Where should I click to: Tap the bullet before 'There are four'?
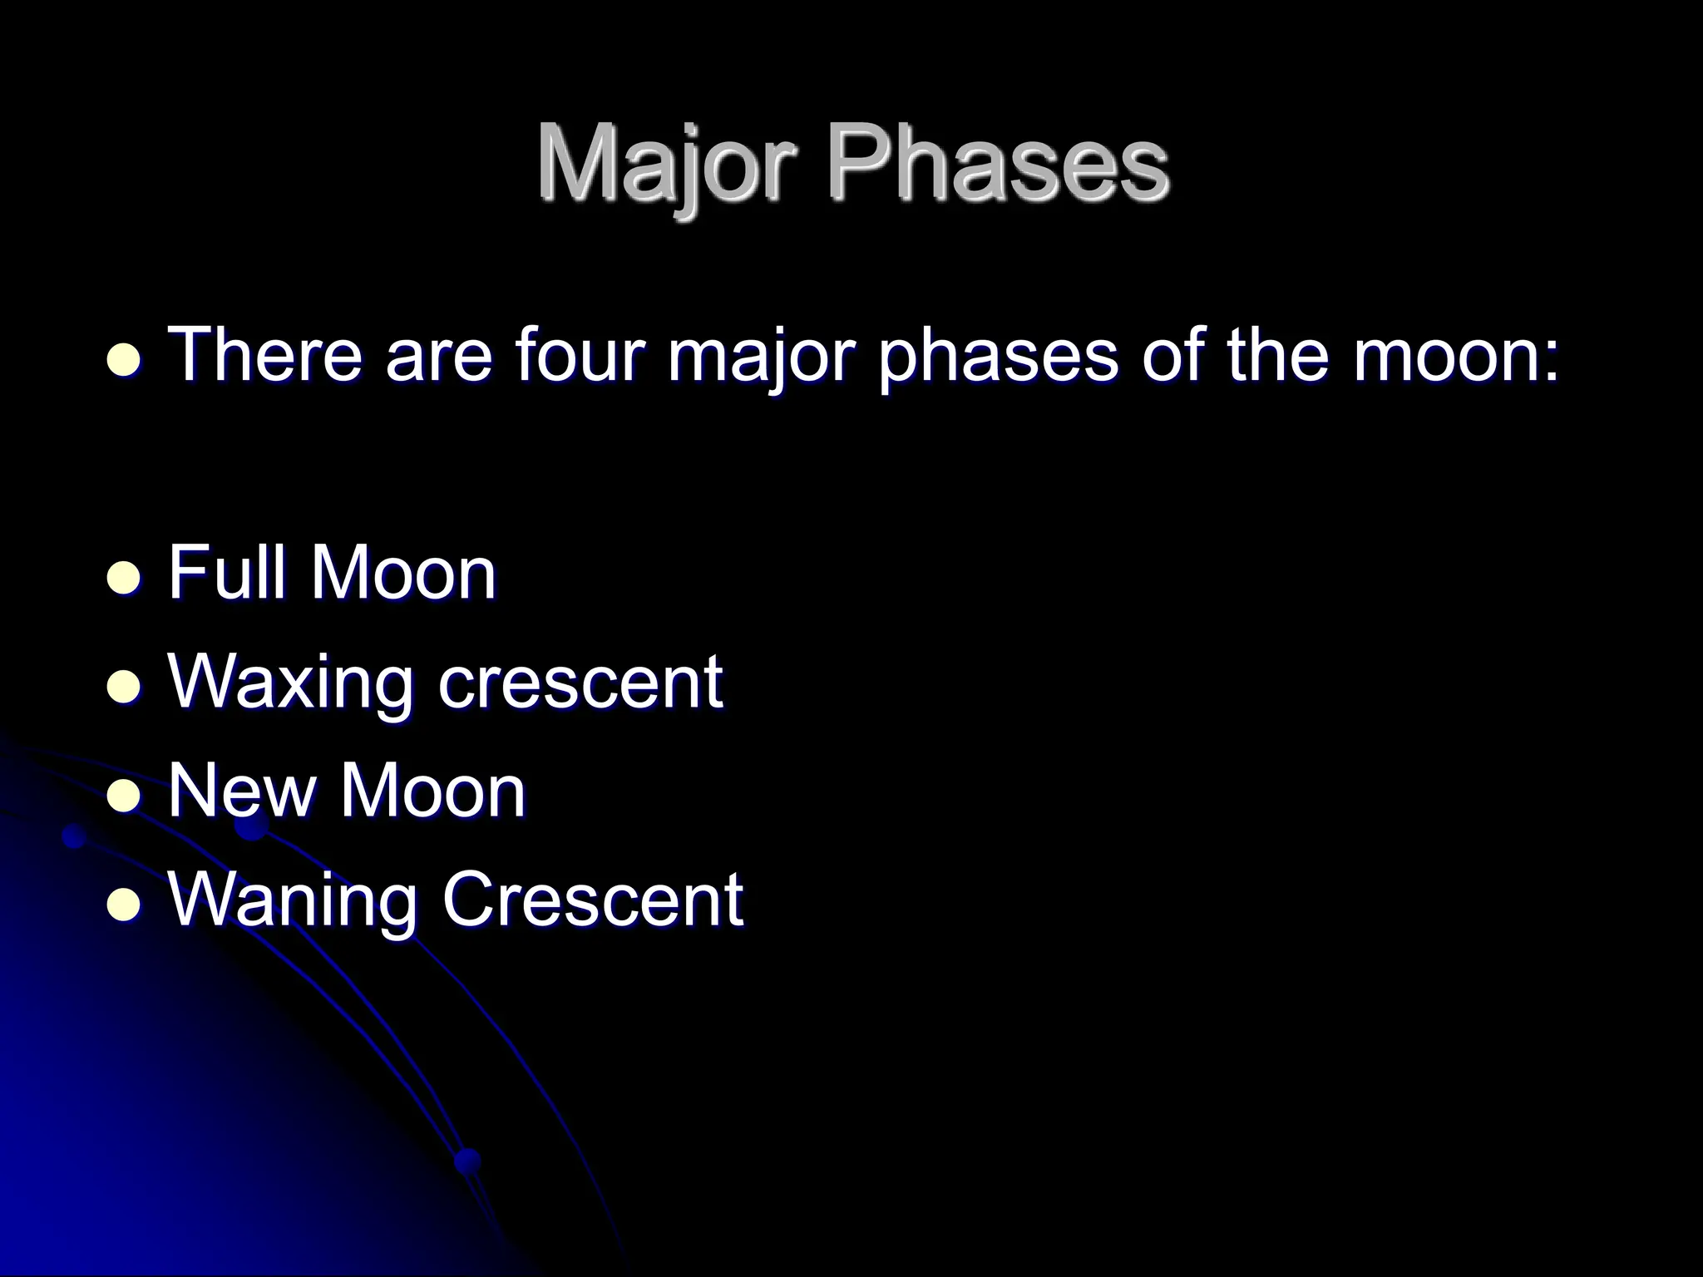(124, 361)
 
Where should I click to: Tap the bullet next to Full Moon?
(124, 577)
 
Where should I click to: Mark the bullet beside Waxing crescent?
(124, 686)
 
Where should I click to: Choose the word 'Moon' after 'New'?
(432, 791)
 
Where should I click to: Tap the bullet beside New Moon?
(124, 795)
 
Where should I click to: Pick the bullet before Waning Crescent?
(124, 904)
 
